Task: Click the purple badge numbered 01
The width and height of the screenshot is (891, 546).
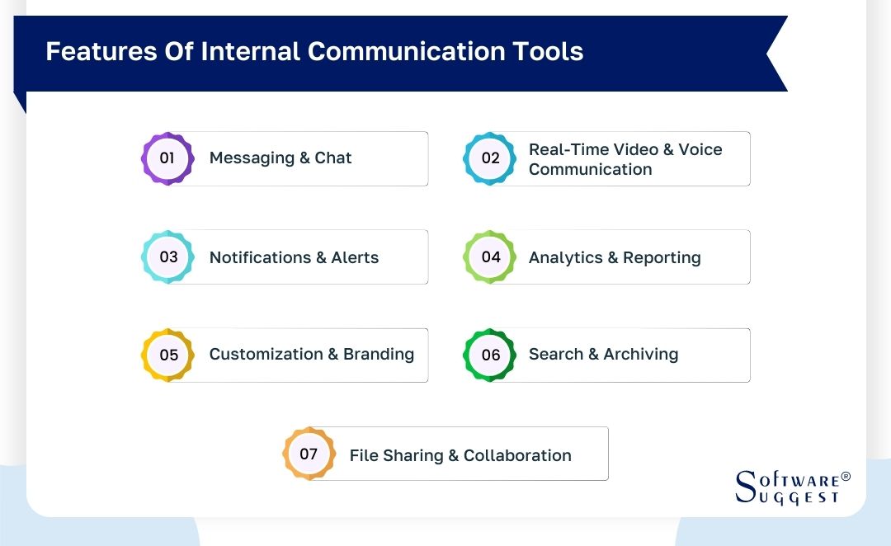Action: click(x=167, y=158)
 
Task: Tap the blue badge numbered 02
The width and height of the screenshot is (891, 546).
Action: click(x=490, y=158)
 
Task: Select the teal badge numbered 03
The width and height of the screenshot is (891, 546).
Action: click(x=167, y=257)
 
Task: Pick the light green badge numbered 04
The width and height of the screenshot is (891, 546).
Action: click(x=490, y=257)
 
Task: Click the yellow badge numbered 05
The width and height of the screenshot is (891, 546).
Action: click(x=168, y=355)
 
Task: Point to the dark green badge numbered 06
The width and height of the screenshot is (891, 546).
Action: click(x=490, y=355)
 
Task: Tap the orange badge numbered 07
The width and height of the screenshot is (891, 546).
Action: click(x=309, y=454)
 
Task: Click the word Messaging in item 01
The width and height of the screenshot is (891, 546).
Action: click(x=252, y=158)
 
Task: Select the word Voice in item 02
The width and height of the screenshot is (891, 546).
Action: click(x=700, y=149)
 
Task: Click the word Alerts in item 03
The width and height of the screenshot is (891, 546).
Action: click(x=355, y=257)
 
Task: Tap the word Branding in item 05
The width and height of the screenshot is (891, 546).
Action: click(x=379, y=355)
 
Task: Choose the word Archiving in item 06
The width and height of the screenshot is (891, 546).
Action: click(x=641, y=355)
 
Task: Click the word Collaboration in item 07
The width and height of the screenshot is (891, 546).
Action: click(x=517, y=455)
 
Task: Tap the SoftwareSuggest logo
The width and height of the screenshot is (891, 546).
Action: click(x=787, y=487)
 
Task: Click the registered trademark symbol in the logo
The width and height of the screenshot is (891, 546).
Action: click(x=845, y=477)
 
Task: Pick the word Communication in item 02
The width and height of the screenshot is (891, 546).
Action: click(x=591, y=169)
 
